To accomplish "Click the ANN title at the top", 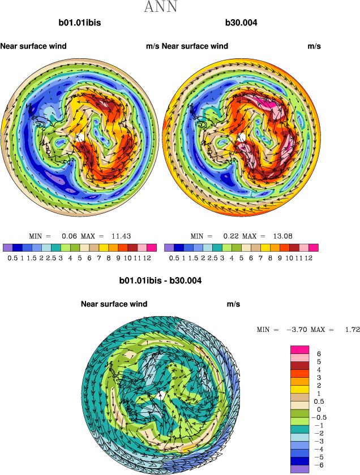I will click(161, 7).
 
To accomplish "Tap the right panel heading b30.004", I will click(242, 24).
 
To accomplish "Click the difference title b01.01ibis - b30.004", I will click(160, 280).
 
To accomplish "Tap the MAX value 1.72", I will click(352, 329).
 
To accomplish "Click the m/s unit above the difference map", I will click(234, 304).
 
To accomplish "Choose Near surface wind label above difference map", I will click(114, 304).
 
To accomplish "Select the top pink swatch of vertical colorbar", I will click(299, 349).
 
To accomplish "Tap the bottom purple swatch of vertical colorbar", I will click(299, 469).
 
